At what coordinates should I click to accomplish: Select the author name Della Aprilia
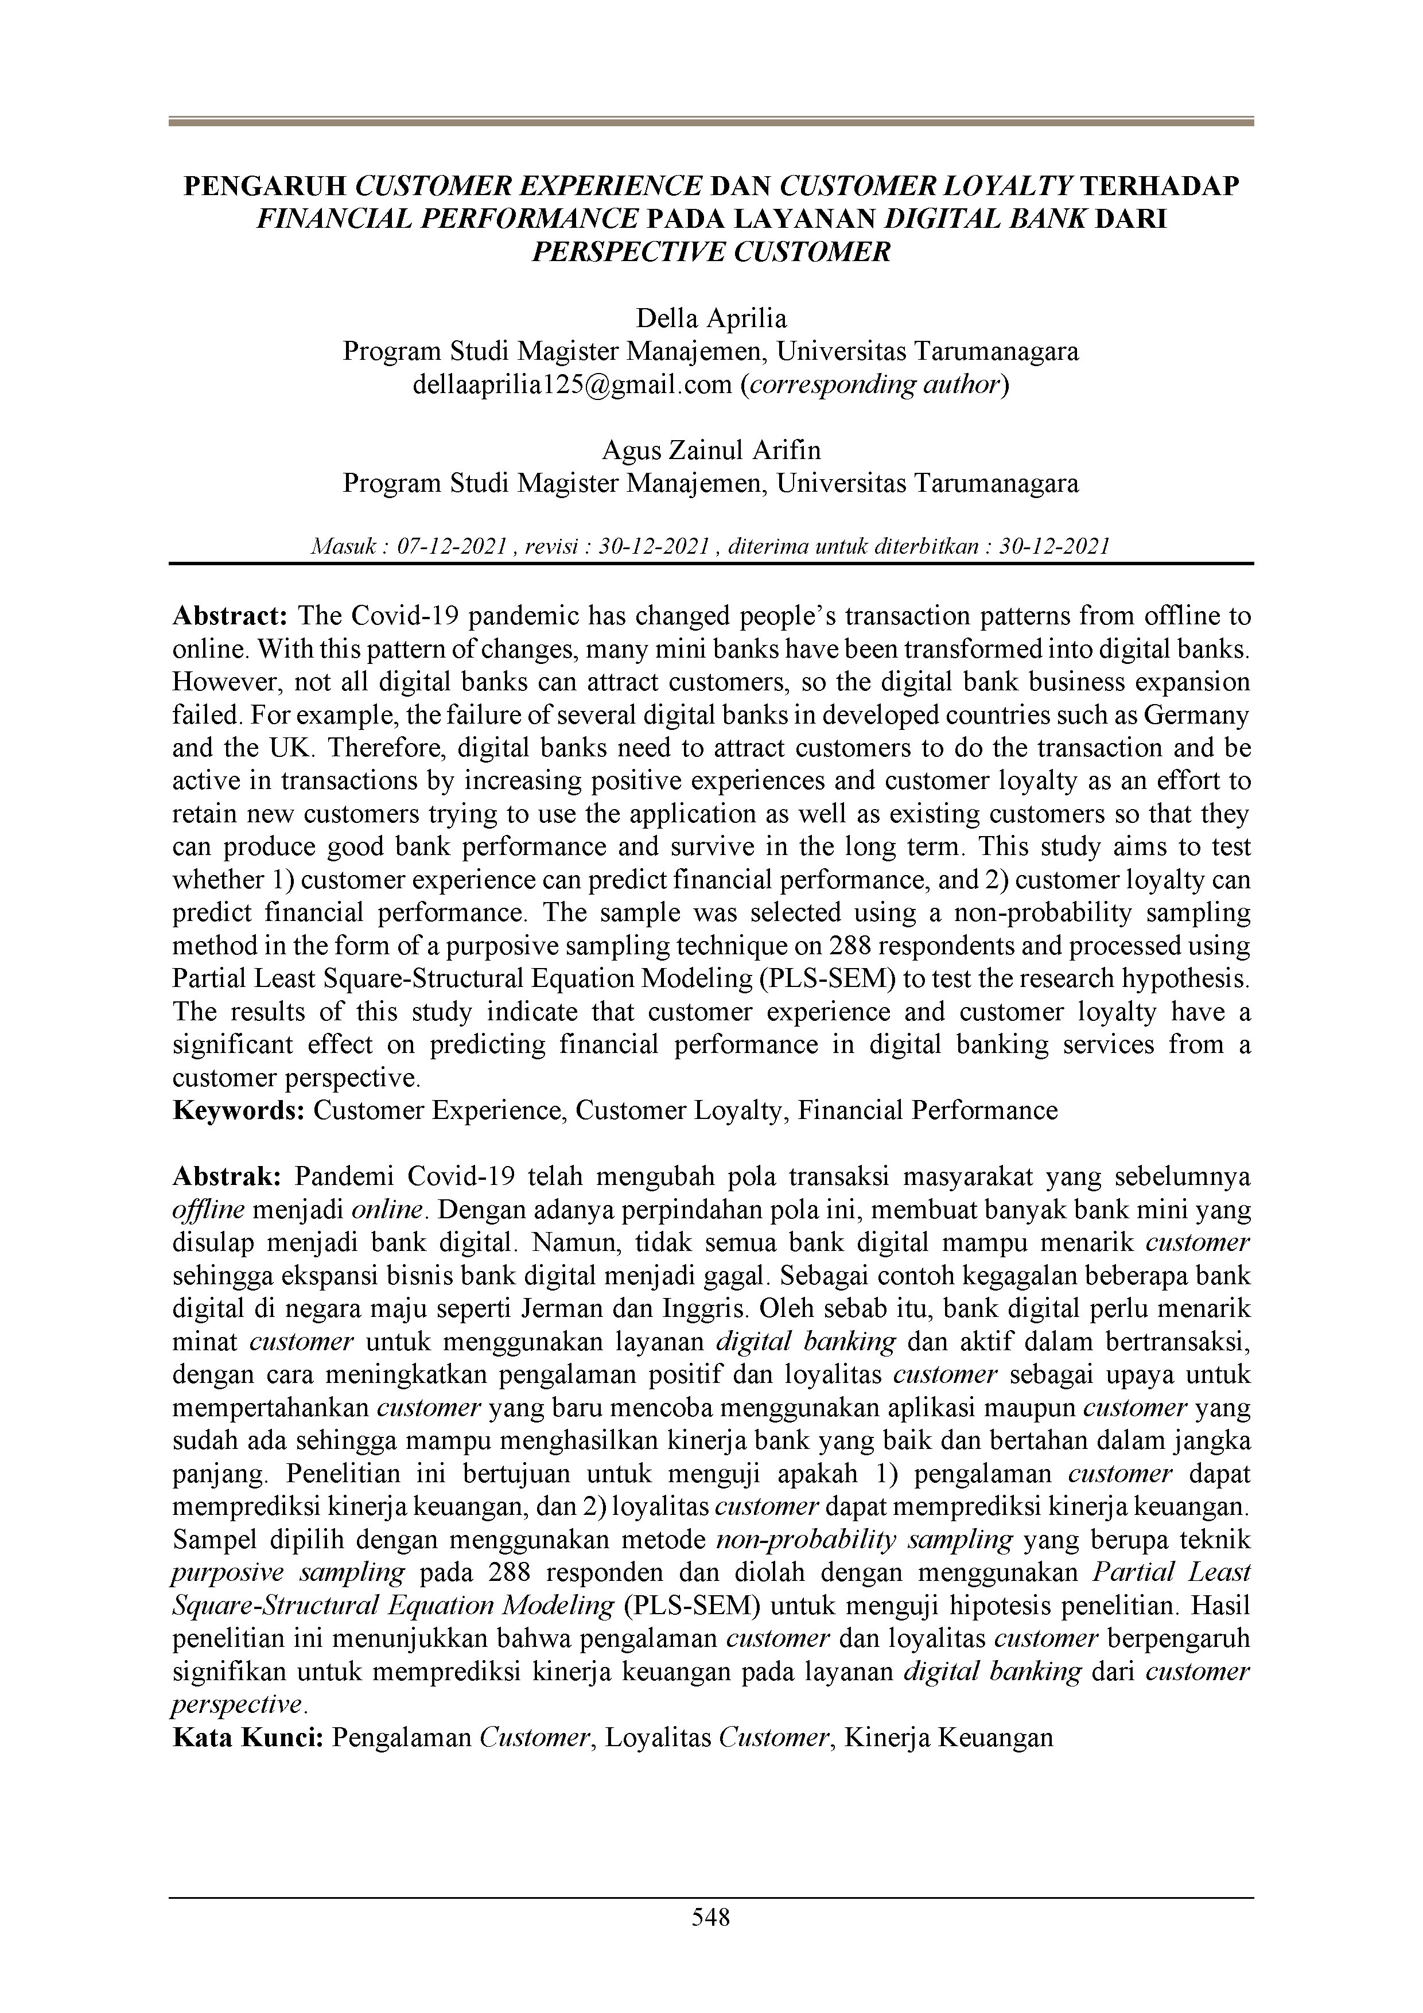tap(711, 317)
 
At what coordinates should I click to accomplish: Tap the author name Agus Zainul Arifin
tap(711, 450)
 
